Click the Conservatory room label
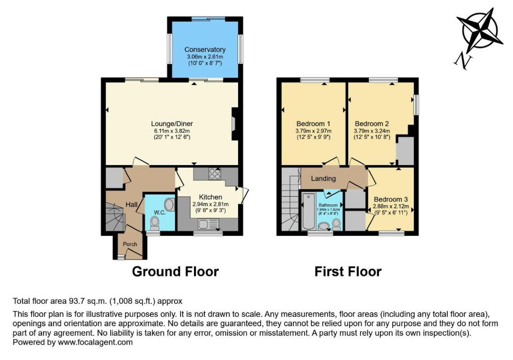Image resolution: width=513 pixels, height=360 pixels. [x=205, y=49]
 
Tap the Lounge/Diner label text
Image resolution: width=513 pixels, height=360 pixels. [x=172, y=124]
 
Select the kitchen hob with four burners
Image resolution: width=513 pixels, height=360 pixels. [x=215, y=173]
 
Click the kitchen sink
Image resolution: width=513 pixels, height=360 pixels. [x=208, y=224]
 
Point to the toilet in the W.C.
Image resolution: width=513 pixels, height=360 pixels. [x=154, y=224]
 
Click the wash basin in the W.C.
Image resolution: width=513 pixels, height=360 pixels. [x=169, y=205]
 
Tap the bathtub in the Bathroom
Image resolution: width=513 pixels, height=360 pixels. [x=309, y=211]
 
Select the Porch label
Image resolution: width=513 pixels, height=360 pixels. [x=130, y=244]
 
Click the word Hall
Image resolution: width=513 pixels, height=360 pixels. [x=131, y=205]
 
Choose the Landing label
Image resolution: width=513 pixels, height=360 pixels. [x=323, y=178]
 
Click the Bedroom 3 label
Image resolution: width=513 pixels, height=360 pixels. [x=391, y=199]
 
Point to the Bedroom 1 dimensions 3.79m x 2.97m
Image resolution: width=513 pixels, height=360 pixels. [x=313, y=131]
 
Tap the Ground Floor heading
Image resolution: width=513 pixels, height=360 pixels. [x=175, y=272]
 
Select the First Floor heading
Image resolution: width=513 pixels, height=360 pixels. [x=348, y=272]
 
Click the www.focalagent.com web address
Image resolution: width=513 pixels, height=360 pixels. [x=95, y=342]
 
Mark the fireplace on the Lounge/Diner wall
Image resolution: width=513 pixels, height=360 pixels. [x=234, y=124]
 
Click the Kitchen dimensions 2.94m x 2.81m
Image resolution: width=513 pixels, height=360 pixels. [x=210, y=204]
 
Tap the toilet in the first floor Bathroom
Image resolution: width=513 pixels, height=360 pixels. [x=336, y=225]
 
